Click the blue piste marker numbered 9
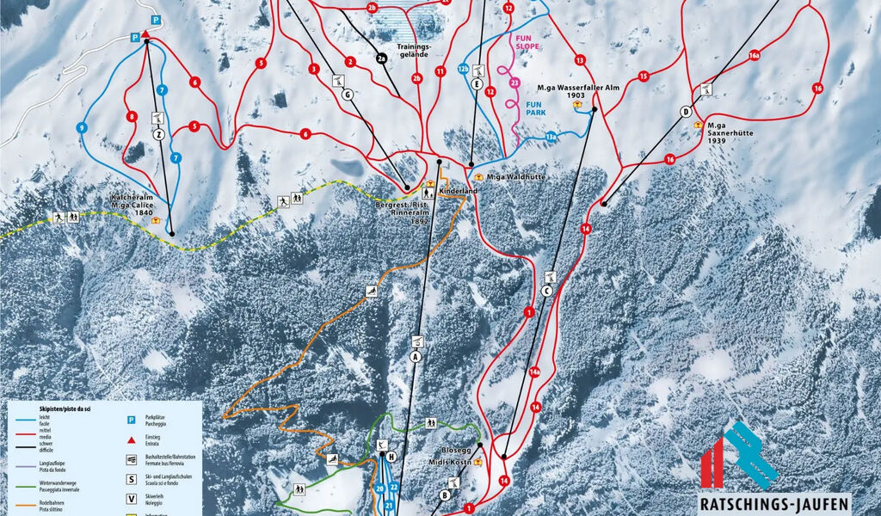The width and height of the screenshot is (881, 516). [x=83, y=127]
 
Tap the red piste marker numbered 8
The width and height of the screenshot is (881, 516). [x=132, y=117]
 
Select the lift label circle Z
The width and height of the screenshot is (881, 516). [x=158, y=134]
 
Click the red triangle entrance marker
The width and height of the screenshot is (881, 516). [x=146, y=34]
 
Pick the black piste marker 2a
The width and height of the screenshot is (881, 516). [x=382, y=58]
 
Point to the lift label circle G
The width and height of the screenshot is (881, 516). [x=347, y=95]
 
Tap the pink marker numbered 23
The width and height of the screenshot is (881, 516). [x=514, y=83]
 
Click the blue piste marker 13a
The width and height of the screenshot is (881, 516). [x=551, y=136]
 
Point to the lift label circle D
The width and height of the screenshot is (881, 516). [x=686, y=112]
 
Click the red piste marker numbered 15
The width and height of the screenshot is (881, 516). [x=643, y=77]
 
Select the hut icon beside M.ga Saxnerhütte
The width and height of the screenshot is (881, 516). [x=699, y=125]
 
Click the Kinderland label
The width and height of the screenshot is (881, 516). [x=458, y=190]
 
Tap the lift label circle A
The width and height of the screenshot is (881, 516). [x=416, y=356]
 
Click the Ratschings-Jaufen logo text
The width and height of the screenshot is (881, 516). [x=773, y=503]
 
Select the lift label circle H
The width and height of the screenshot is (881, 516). [x=391, y=457]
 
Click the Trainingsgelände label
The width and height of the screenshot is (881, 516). [x=412, y=50]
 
